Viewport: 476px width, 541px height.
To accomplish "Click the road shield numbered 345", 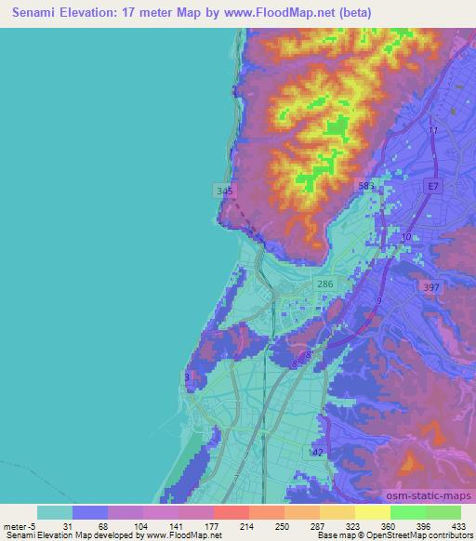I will [x=224, y=191].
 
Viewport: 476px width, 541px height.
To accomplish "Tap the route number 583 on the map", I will [x=366, y=187].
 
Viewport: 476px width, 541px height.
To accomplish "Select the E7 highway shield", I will [x=430, y=187].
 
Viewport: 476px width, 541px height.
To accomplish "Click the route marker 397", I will [x=430, y=287].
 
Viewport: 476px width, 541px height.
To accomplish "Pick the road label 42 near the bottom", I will [x=319, y=452].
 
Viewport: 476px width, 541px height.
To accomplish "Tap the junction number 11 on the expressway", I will [x=432, y=131].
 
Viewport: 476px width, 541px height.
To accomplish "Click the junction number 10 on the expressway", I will [x=405, y=238].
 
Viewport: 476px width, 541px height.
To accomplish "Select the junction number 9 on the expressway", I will [x=379, y=301].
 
